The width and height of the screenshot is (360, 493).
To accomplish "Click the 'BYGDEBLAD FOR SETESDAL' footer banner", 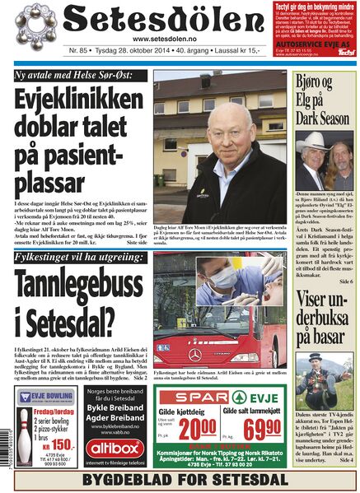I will point(180,480).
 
